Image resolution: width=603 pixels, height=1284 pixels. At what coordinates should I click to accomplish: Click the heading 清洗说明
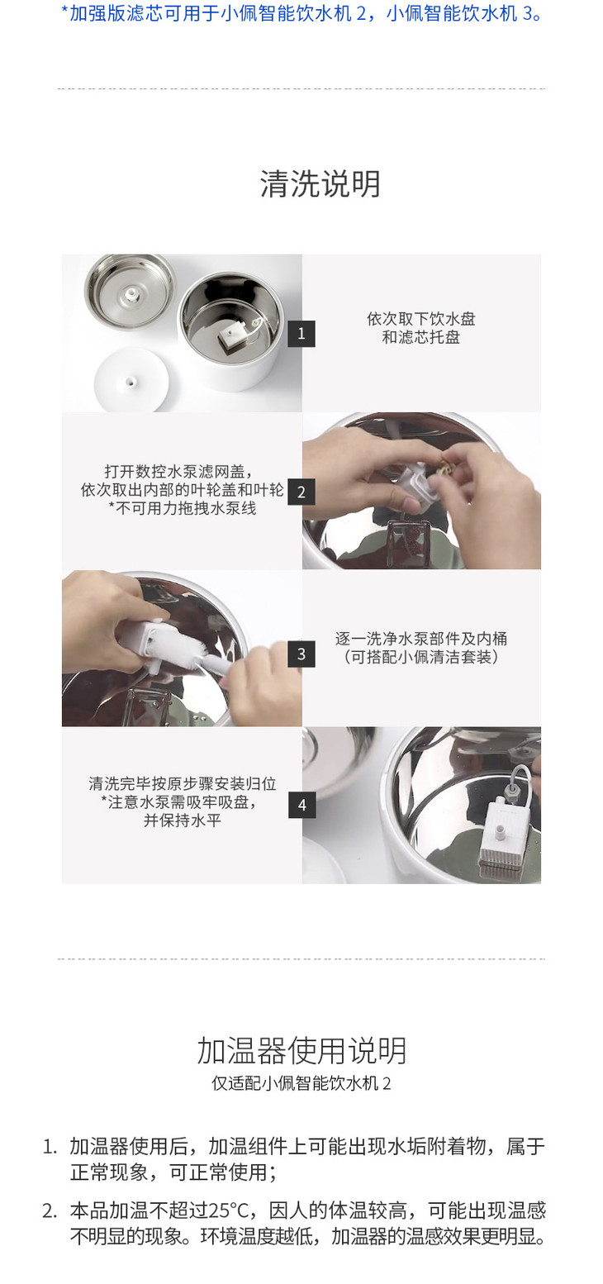click(x=320, y=183)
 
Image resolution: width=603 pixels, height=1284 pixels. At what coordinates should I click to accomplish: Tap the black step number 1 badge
click(x=301, y=334)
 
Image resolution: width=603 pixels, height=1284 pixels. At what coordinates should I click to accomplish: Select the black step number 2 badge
click(x=301, y=492)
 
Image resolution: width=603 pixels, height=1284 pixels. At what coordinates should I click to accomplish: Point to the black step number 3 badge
click(x=301, y=654)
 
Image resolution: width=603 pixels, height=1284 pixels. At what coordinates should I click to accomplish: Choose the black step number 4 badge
click(x=302, y=806)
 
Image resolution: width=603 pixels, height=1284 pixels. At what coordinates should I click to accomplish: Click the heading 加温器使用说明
click(x=302, y=1050)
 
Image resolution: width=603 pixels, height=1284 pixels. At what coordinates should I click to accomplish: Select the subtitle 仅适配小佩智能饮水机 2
click(x=301, y=1082)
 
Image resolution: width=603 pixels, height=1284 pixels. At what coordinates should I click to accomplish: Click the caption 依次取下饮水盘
click(x=421, y=319)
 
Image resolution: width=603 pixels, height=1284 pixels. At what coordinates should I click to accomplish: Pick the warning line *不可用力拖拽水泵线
click(x=183, y=508)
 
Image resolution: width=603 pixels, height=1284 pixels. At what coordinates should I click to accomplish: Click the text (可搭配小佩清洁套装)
click(x=421, y=657)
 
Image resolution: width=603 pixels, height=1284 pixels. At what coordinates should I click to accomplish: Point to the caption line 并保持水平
click(x=183, y=820)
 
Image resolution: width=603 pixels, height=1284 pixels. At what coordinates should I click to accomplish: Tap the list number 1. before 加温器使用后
click(x=50, y=1147)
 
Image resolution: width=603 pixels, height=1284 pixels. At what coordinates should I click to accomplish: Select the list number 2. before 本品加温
click(x=50, y=1210)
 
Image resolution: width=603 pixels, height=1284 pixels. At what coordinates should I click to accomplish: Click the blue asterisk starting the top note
click(x=64, y=11)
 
